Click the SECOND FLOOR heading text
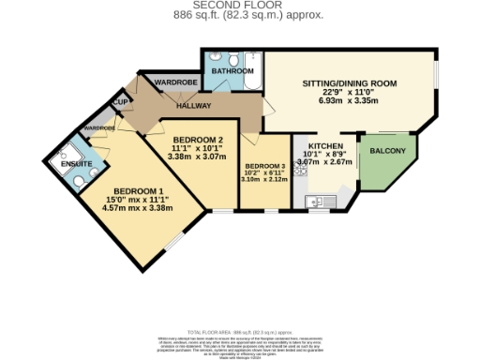tap(240, 6)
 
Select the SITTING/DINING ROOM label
tap(350, 83)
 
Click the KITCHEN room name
tap(324, 147)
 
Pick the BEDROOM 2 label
tap(195, 140)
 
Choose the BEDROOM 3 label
tap(265, 165)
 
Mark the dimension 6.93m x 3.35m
tap(350, 99)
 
